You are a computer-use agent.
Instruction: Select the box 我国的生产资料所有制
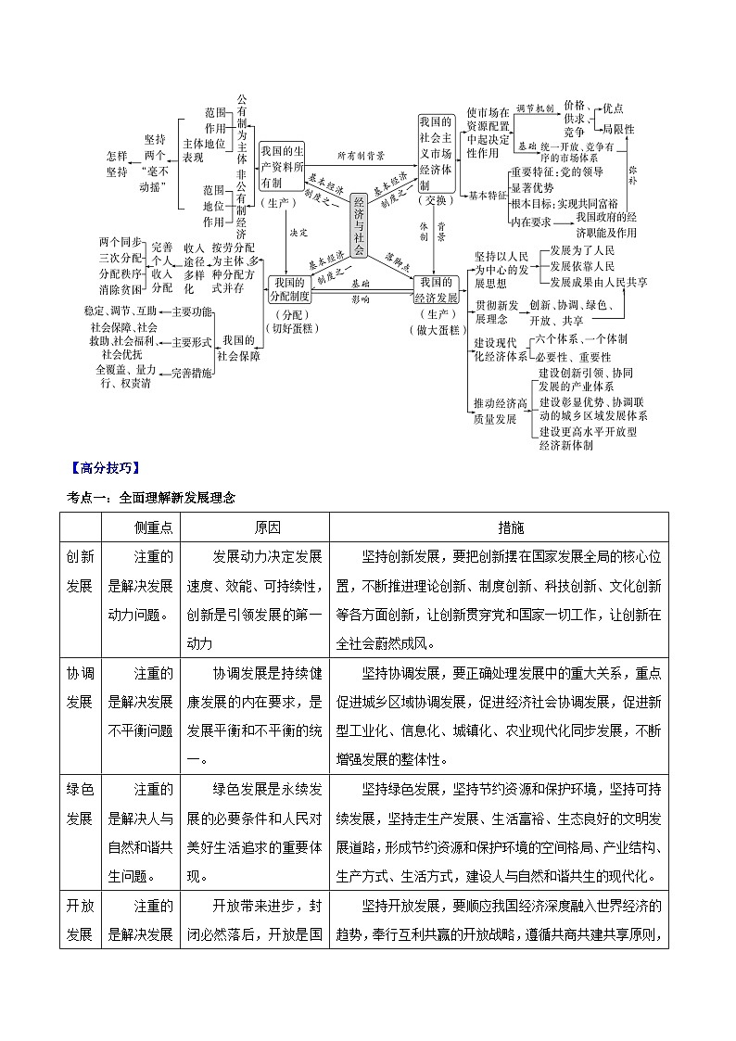[282, 168]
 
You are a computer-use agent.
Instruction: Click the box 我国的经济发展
[436, 289]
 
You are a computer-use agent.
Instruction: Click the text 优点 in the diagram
[613, 108]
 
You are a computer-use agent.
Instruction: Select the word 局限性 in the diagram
[618, 129]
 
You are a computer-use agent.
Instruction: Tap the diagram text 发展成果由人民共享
[598, 281]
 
